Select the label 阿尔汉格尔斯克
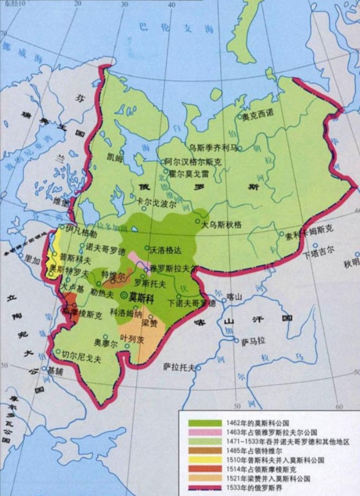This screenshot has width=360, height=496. [192, 161]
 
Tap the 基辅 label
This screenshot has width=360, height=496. [55, 371]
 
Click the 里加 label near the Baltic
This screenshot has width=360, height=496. [33, 257]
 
